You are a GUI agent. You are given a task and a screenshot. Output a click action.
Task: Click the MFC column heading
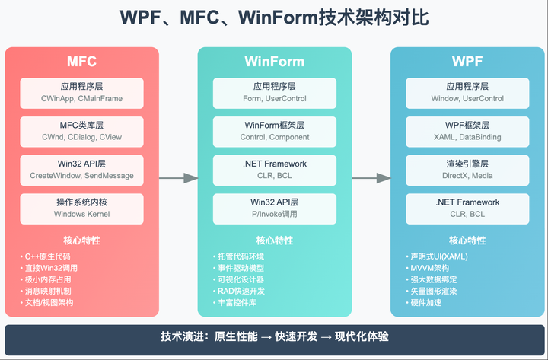82,62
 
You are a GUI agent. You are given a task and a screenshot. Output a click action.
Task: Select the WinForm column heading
274,62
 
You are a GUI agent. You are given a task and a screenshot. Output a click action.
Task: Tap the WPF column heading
466,62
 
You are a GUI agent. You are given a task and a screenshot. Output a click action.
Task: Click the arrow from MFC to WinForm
179,178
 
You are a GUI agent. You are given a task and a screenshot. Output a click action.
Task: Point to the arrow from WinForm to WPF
371,178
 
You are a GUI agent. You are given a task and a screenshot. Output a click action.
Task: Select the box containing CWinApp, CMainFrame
82,92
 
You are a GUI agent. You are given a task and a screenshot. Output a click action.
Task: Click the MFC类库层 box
82,131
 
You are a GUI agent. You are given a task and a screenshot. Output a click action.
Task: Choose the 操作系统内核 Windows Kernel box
82,208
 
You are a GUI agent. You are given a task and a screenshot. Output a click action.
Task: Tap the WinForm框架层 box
274,131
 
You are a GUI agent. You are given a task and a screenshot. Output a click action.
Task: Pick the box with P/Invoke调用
274,208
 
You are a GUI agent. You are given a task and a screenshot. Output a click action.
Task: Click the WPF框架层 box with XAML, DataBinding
466,131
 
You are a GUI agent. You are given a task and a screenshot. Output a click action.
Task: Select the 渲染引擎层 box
466,169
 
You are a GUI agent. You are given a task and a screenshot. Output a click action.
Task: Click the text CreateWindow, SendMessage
82,176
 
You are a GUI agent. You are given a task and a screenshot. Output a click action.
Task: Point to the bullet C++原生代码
49,256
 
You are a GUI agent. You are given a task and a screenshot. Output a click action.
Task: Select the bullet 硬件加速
429,302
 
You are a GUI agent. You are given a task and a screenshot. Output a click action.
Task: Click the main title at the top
274,19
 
